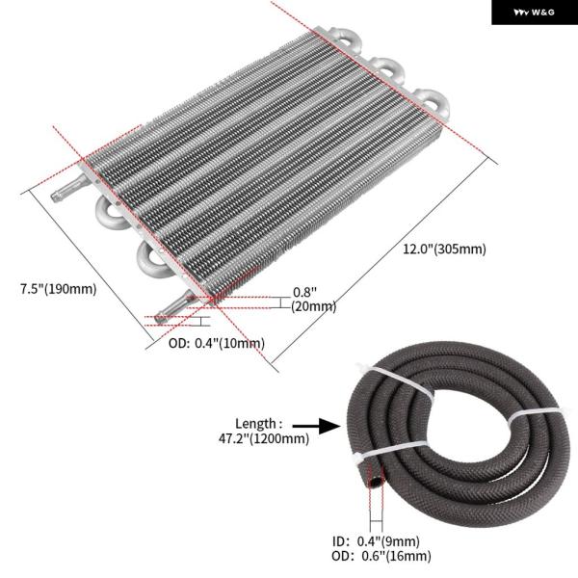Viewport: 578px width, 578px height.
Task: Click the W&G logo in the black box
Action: click(534, 13)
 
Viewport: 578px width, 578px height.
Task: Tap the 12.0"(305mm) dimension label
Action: click(444, 249)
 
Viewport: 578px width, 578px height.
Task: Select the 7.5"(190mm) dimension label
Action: click(58, 289)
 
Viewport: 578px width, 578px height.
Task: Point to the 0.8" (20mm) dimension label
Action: click(314, 300)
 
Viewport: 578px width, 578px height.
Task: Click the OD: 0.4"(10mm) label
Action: click(217, 343)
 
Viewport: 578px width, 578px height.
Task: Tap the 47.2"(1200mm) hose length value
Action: click(264, 438)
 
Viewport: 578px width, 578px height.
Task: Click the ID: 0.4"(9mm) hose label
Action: click(376, 541)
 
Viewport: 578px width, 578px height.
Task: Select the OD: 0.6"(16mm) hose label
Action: click(381, 556)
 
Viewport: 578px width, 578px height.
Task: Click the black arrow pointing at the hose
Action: click(316, 426)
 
